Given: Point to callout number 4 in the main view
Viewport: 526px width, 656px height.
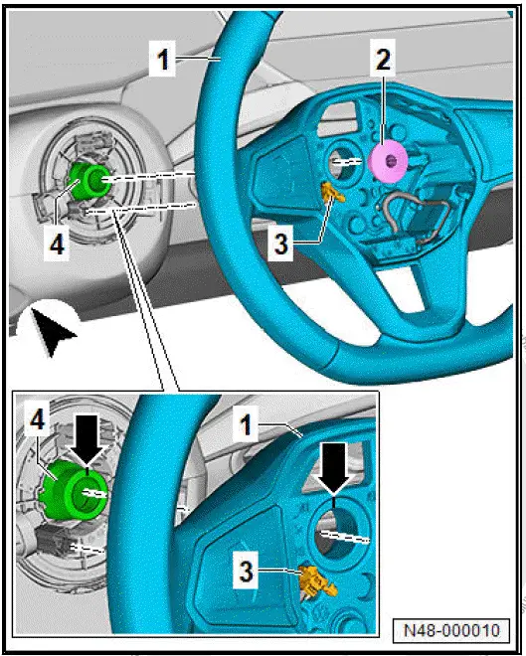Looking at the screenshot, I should pyautogui.click(x=59, y=244).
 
